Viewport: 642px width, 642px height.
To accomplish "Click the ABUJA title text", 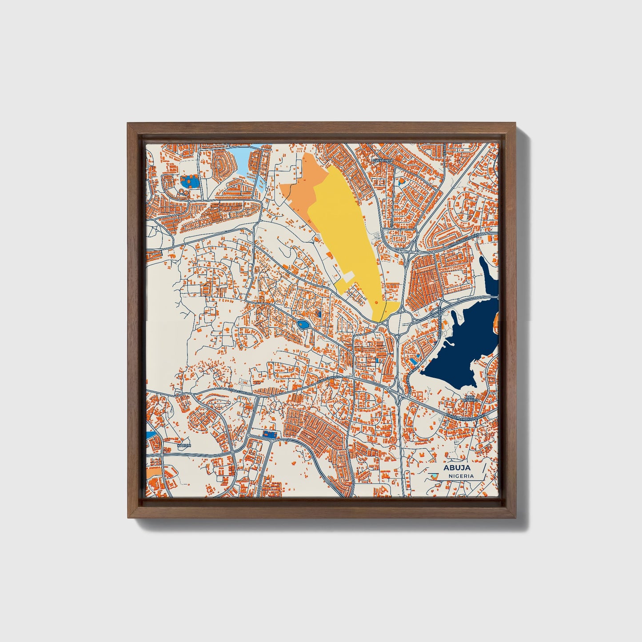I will pyautogui.click(x=457, y=467).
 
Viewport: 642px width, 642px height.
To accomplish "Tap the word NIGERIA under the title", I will pyautogui.click(x=461, y=476).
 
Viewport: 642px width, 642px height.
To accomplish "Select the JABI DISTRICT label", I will pyautogui.click(x=471, y=398).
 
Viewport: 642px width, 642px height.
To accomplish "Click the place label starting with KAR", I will pyautogui.click(x=183, y=445).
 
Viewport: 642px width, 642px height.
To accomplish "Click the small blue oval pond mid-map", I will pyautogui.click(x=303, y=326).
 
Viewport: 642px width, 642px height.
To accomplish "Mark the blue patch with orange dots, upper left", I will pyautogui.click(x=189, y=182).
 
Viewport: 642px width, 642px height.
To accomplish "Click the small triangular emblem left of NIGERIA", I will pyautogui.click(x=435, y=476).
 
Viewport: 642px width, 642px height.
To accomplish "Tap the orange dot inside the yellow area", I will pyautogui.click(x=377, y=302).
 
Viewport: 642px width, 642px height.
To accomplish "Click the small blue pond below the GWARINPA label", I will pyautogui.click(x=401, y=181).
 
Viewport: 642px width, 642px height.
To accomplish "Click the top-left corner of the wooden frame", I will pyautogui.click(x=129, y=124).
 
